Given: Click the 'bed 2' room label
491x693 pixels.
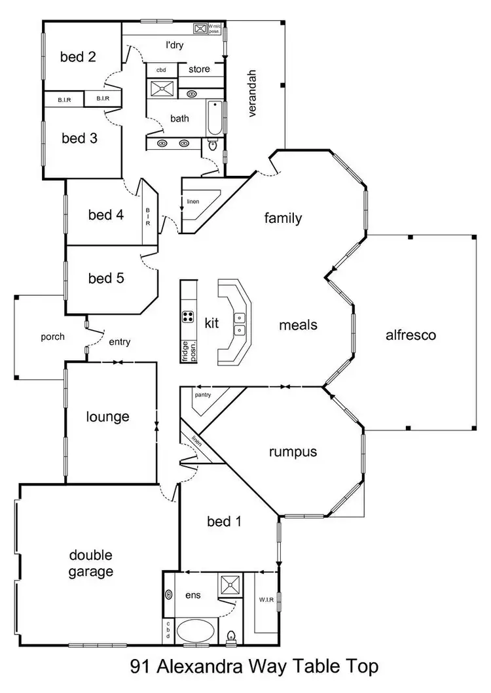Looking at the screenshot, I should tap(78, 57).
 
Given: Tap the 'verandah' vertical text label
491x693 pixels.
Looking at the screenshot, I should tap(253, 92).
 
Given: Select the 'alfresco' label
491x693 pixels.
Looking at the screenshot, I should tap(410, 335).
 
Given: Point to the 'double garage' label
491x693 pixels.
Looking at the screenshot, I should tap(91, 564).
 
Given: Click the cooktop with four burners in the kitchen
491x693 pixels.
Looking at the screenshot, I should tap(189, 318).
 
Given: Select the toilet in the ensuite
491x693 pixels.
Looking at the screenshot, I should tap(230, 635).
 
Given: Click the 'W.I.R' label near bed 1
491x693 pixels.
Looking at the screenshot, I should tap(266, 599).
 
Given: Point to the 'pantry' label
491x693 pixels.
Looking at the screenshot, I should tap(202, 395).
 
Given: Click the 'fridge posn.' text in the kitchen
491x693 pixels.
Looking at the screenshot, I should tap(187, 351).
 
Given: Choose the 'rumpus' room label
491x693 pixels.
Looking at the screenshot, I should tap(293, 452).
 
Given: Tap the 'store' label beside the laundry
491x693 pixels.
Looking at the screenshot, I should tap(199, 69).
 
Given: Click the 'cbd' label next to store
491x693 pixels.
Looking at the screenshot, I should tap(160, 69).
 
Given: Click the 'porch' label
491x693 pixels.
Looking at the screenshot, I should tap(52, 337).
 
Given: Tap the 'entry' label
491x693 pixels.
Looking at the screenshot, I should tap(120, 341).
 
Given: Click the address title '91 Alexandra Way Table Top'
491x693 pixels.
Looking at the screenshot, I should tap(254, 668).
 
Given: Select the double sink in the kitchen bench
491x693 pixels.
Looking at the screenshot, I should tap(240, 324).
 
